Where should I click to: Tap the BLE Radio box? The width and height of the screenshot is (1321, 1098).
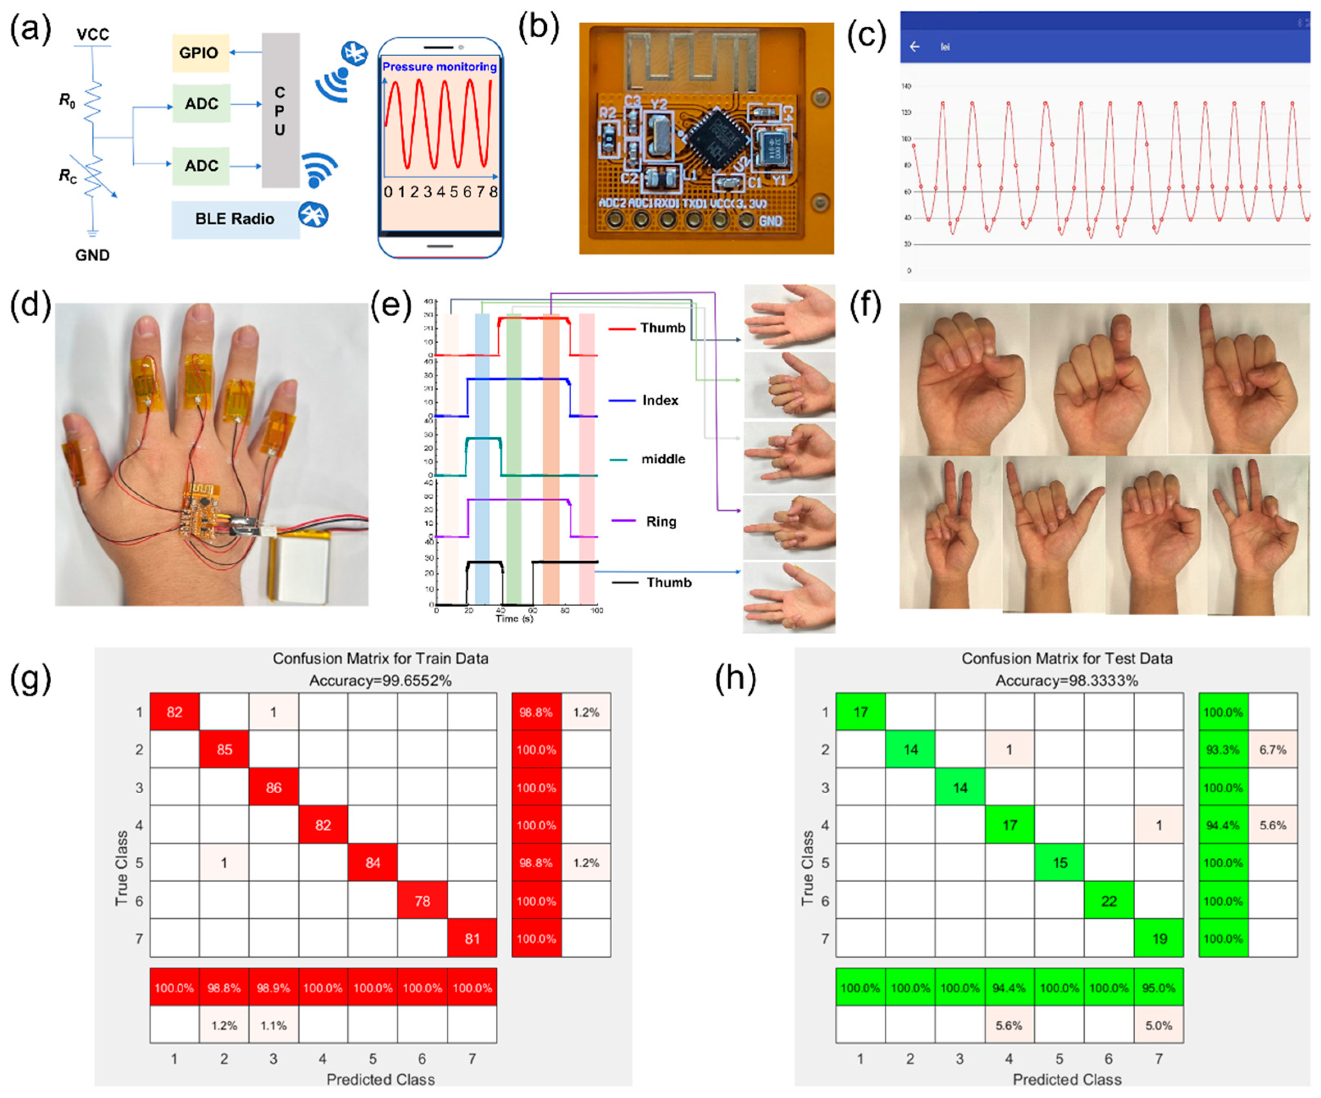coord(235,219)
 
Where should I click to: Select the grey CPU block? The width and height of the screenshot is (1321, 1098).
coord(280,111)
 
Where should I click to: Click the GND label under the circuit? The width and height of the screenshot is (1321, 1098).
coord(92,255)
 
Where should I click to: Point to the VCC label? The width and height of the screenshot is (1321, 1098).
coord(92,34)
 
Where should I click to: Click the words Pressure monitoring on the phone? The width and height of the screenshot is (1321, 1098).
coord(439,67)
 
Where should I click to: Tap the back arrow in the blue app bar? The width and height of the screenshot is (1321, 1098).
coord(915,47)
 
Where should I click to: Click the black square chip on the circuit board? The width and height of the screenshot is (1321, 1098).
coord(715,139)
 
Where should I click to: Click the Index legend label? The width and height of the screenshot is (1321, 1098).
coord(660,400)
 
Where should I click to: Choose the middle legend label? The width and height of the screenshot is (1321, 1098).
coord(663,459)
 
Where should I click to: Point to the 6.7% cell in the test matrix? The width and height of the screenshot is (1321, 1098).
coord(1273,749)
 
